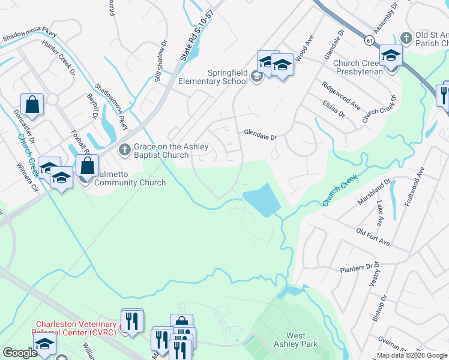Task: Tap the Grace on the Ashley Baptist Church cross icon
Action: click(x=124, y=149)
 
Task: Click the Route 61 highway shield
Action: click(x=369, y=40)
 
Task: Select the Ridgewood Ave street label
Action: click(x=340, y=96)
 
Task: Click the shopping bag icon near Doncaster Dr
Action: click(x=32, y=104)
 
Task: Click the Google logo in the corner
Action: click(x=19, y=353)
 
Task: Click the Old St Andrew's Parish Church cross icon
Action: click(x=407, y=37)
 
